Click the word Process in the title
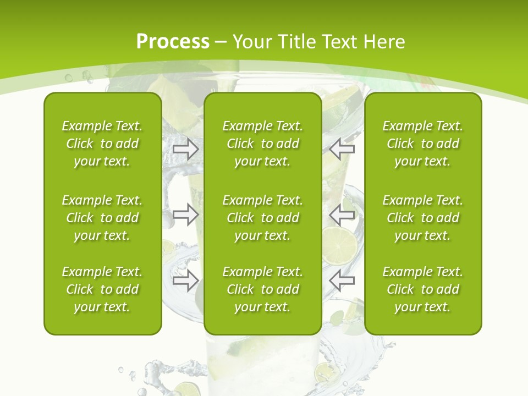click(173, 41)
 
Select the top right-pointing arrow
click(185, 149)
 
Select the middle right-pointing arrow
click(185, 215)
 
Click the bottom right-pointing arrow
click(185, 280)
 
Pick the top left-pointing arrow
click(342, 149)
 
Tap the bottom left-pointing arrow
click(342, 280)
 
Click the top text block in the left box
click(102, 144)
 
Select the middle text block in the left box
click(102, 218)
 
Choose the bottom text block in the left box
click(102, 289)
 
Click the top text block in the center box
click(262, 144)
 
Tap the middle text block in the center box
click(262, 218)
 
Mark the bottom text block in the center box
click(262, 289)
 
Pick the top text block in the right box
click(422, 144)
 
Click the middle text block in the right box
click(422, 218)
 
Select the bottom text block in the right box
click(422, 289)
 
